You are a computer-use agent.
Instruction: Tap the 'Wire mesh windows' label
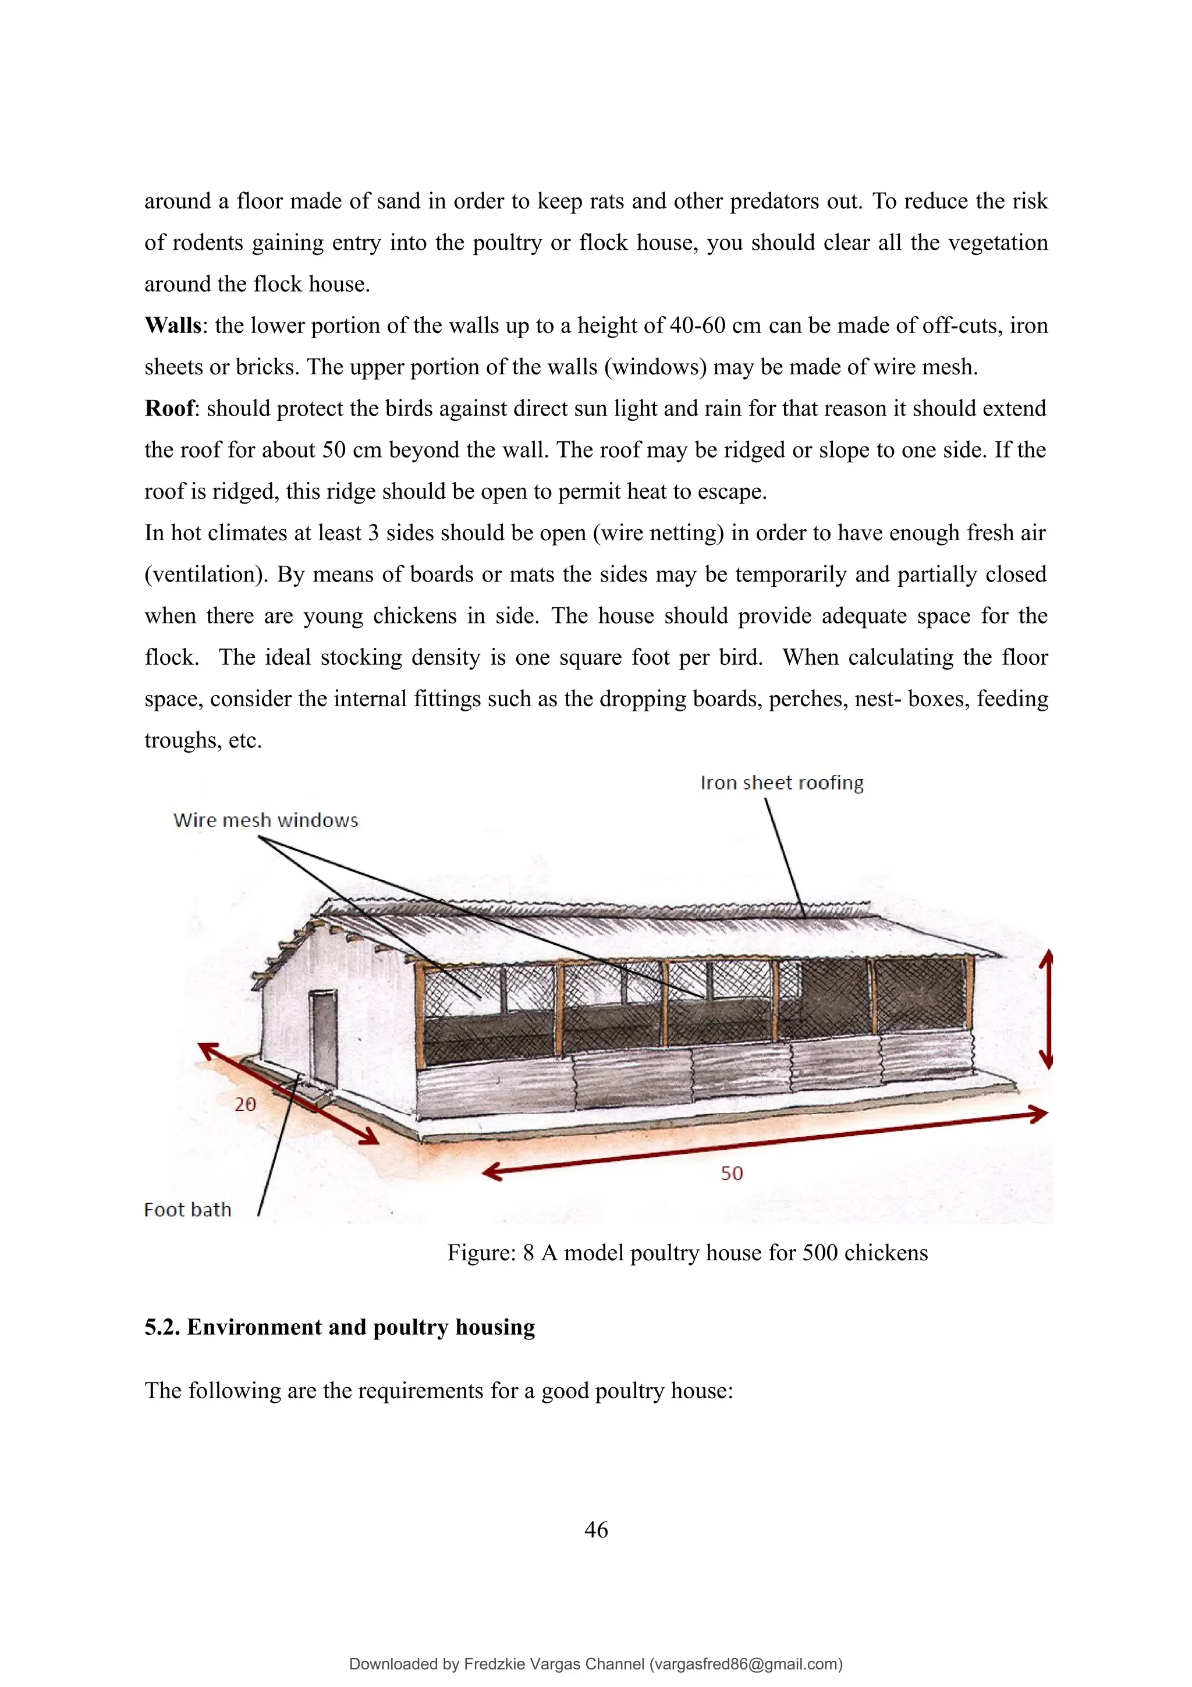[x=265, y=820]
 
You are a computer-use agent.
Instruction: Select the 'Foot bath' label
[x=187, y=1210]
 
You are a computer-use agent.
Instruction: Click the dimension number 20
[x=245, y=1104]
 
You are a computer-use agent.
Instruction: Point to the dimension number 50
[x=732, y=1174]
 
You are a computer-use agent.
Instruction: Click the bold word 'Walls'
[x=173, y=325]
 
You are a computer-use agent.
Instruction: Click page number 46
[x=595, y=1530]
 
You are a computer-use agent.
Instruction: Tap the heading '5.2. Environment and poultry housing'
[x=339, y=1327]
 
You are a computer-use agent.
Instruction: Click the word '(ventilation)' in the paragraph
[x=207, y=575]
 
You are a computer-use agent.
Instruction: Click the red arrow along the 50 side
[x=764, y=1143]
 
